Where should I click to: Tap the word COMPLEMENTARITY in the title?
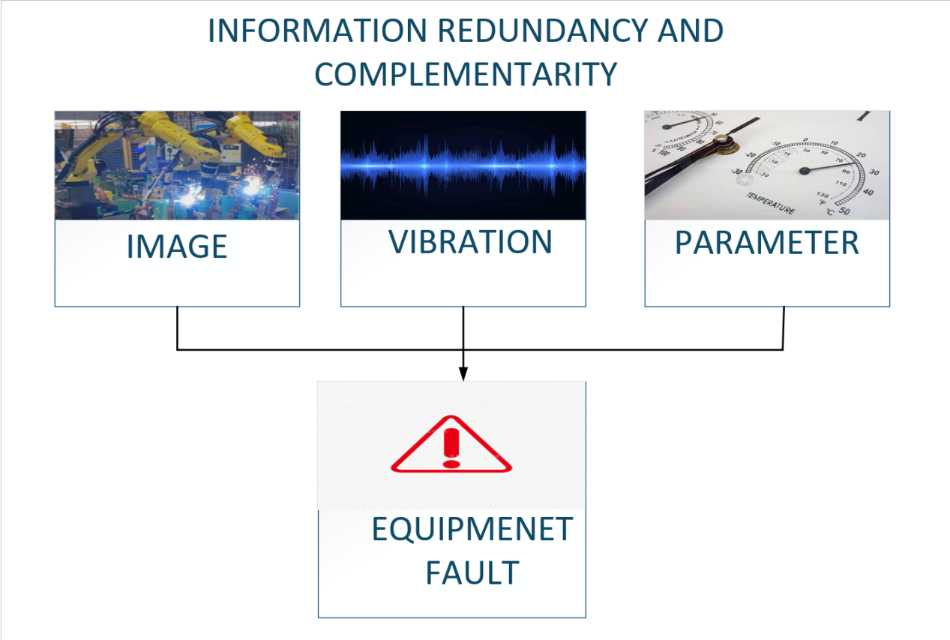coord(466,74)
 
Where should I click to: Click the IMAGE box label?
coord(177,247)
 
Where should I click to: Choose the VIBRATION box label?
coord(470,242)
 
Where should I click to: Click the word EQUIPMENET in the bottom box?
coord(472,530)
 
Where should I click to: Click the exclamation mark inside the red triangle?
coord(451,447)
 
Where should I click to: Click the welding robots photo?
coord(177,165)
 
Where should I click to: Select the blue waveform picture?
coord(463,165)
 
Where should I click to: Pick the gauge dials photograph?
coord(767,165)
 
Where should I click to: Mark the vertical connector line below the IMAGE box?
coord(177,327)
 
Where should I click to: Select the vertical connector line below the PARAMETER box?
coord(784,327)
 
